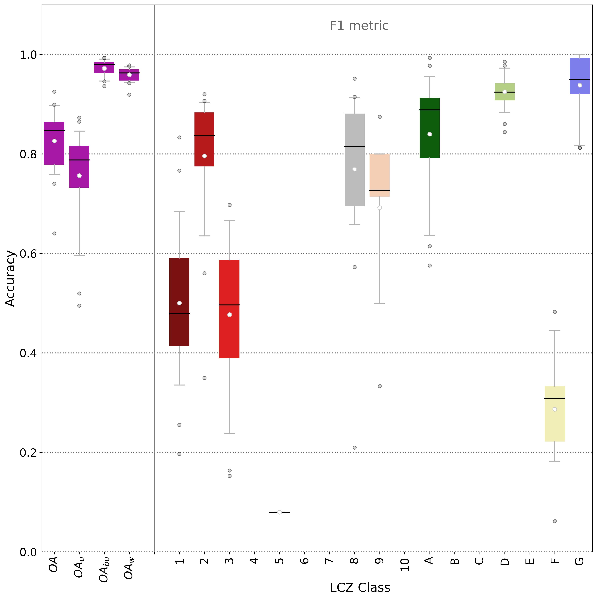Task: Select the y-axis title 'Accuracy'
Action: tap(11, 278)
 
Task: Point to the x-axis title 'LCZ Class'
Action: tap(360, 587)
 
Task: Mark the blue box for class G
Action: tap(579, 71)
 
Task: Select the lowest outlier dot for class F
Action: tap(555, 521)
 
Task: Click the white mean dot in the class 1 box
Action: tap(179, 303)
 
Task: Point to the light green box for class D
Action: tap(504, 96)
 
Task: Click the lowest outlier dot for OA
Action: tap(54, 233)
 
